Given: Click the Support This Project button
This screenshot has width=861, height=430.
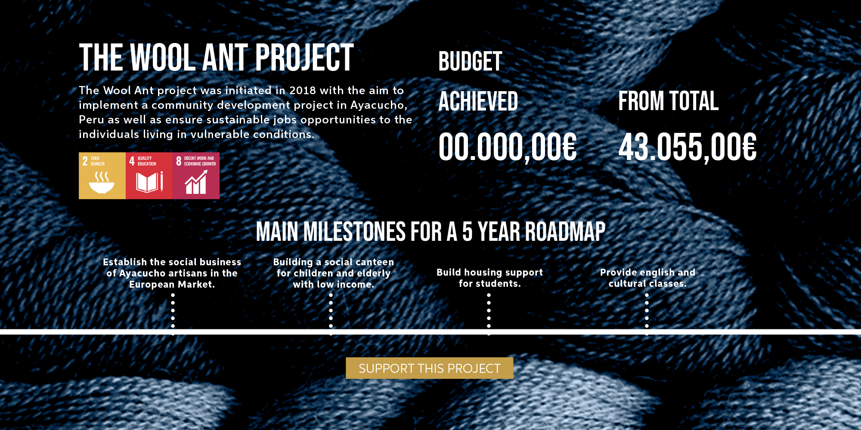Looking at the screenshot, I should (429, 368).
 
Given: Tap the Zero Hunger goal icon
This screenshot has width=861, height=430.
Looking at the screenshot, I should (102, 175).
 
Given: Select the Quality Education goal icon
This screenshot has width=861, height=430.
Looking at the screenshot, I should (149, 175).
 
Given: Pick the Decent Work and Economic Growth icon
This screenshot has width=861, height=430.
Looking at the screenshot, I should (196, 175).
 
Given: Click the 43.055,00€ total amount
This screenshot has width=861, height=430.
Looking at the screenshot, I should (687, 147).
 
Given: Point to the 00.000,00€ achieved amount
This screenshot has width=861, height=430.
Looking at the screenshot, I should (507, 147).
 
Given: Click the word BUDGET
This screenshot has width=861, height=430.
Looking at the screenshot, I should (470, 61).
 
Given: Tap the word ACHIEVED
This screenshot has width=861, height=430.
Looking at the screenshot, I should (478, 101).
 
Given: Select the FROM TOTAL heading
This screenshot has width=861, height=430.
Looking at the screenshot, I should (668, 101).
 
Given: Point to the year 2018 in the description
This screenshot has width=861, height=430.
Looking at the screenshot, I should (303, 90).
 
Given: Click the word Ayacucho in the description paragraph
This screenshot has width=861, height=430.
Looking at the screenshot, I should (378, 105).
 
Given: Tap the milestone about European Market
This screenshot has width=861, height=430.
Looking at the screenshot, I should (172, 273).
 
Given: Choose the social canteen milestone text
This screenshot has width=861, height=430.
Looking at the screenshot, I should (333, 273).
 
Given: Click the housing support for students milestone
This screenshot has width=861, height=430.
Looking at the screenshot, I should (489, 278).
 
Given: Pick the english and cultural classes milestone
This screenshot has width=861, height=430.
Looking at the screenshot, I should (647, 278).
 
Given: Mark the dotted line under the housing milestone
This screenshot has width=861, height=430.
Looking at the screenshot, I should (489, 313).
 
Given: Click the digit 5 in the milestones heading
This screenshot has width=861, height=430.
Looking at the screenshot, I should (467, 232).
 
